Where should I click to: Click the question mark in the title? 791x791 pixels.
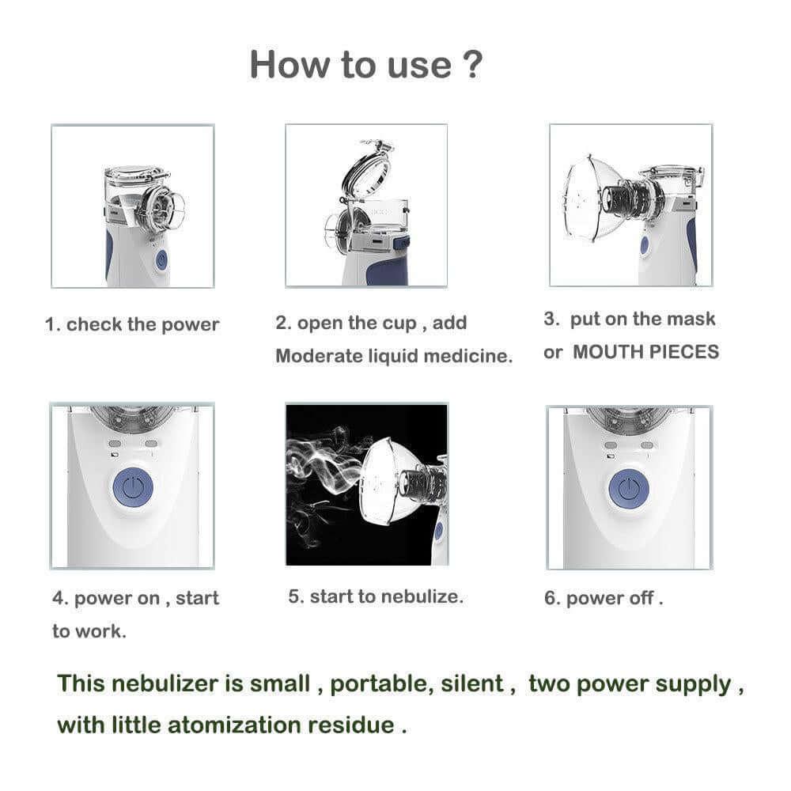470,64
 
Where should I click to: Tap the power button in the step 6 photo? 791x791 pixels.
629,489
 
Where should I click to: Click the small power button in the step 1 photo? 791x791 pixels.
161,260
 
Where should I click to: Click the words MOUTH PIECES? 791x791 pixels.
645,352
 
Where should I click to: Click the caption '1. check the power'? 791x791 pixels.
132,324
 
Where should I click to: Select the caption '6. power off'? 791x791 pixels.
603,599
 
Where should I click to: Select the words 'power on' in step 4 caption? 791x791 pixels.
116,599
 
